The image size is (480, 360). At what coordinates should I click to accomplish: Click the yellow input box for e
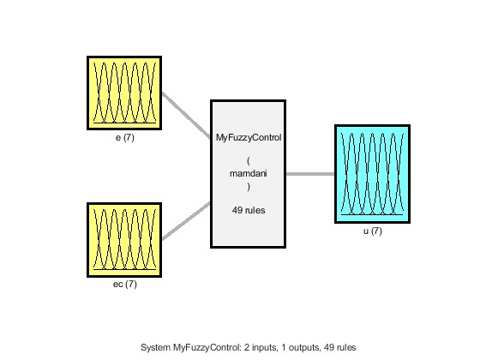tap(124, 93)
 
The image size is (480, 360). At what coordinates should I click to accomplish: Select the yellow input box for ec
tap(124, 240)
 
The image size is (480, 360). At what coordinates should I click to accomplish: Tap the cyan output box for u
tap(372, 174)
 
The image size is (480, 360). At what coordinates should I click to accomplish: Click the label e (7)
tap(125, 138)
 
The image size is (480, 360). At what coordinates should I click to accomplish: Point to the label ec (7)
tap(125, 285)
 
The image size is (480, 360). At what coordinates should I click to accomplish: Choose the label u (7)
tap(373, 231)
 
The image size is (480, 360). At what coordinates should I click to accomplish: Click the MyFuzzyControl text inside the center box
tap(249, 138)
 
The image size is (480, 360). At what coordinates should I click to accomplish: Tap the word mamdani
tap(249, 173)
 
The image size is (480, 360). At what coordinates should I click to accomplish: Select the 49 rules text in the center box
tap(249, 210)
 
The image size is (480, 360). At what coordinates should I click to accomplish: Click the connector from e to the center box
tap(186, 115)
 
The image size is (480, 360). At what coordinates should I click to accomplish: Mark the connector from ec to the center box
tap(186, 221)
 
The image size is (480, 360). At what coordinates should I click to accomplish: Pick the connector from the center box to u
tap(310, 174)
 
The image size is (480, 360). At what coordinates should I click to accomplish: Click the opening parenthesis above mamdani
tap(249, 161)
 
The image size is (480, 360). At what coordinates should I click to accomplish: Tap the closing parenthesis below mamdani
tap(249, 187)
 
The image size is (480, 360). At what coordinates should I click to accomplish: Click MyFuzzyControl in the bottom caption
tap(207, 348)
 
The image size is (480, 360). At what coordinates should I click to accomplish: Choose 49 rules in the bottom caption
tap(339, 348)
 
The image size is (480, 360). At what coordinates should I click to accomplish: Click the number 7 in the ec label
tap(131, 285)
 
